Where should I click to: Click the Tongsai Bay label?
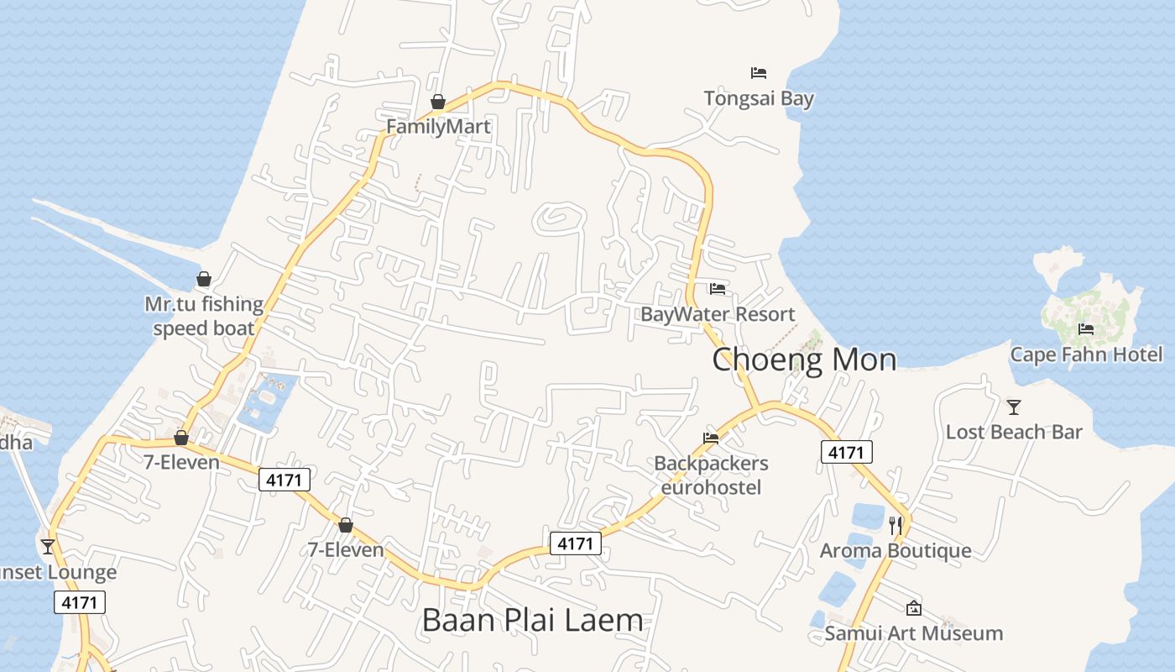click(x=759, y=98)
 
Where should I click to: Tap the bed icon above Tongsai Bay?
click(x=759, y=73)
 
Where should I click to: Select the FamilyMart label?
click(x=438, y=126)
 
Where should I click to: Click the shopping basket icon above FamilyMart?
click(x=437, y=102)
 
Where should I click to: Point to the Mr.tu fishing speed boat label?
click(x=204, y=316)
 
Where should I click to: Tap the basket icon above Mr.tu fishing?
click(x=204, y=279)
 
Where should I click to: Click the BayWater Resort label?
click(x=718, y=314)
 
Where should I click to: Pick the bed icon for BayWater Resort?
click(x=718, y=289)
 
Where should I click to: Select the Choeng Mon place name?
click(x=804, y=360)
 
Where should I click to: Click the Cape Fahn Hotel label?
click(x=1086, y=354)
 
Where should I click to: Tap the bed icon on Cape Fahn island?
click(x=1086, y=328)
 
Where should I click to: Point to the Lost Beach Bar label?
click(x=1014, y=432)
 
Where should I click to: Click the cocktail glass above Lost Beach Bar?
click(x=1014, y=407)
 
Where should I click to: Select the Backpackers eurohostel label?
click(x=711, y=475)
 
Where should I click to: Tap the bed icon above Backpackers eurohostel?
click(x=711, y=438)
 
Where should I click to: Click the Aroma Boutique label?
click(x=896, y=551)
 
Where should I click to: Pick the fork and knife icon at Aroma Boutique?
click(x=896, y=526)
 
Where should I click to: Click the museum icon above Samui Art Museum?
click(x=914, y=608)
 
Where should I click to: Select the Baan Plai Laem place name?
click(x=532, y=621)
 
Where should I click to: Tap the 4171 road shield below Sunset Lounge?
click(x=81, y=601)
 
